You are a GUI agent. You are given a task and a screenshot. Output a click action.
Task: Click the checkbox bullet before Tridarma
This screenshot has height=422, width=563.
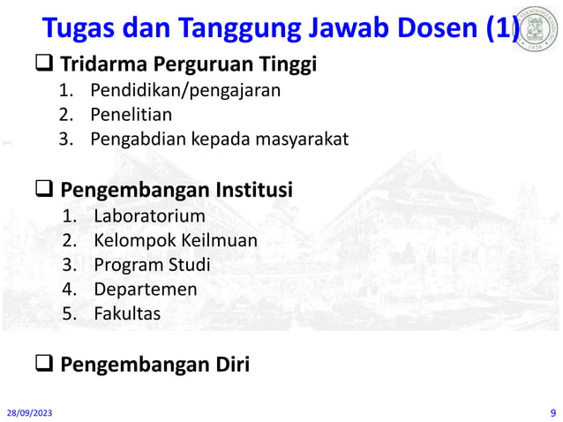45,64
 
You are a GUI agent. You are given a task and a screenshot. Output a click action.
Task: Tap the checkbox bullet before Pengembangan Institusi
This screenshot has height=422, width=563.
45,190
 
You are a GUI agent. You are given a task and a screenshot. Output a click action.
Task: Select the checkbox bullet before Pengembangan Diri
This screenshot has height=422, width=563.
45,363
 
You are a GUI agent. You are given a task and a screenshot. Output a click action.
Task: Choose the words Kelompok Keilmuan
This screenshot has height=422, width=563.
176,239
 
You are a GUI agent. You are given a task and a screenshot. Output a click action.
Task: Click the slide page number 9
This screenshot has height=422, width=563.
552,411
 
